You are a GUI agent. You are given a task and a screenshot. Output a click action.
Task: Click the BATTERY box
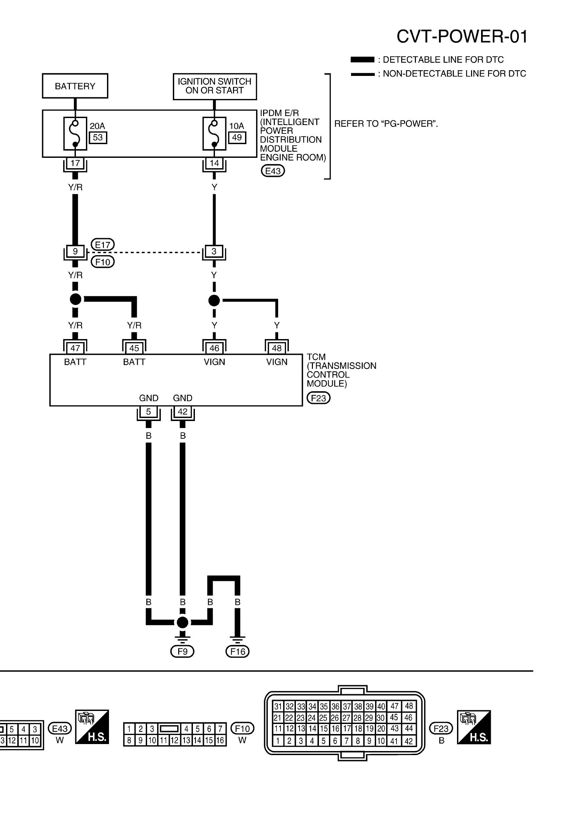75,86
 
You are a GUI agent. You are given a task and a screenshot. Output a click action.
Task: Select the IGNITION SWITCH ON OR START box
215,86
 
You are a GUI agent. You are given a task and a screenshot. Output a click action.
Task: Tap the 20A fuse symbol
75,133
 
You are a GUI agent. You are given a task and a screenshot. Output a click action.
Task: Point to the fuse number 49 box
237,137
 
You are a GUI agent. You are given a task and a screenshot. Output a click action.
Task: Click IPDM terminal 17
75,163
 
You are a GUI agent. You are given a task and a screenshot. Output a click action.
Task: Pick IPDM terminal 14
214,163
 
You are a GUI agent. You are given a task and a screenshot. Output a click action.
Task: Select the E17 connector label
103,245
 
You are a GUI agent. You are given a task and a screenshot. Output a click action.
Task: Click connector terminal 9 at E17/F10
75,251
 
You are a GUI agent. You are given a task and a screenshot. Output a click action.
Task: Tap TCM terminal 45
134,348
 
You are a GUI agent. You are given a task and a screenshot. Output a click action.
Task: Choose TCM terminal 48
277,348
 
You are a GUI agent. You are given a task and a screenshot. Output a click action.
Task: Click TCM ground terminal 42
183,412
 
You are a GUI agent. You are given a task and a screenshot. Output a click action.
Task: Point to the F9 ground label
182,651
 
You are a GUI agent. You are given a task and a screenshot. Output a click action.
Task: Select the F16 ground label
237,651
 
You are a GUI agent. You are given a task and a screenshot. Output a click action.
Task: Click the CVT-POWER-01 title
462,36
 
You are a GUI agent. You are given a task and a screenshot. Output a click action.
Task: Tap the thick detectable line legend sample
362,60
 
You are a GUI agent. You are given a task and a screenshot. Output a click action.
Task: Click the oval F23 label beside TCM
318,398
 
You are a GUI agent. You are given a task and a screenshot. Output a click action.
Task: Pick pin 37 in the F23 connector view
347,707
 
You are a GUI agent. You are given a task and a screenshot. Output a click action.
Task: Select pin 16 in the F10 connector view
220,740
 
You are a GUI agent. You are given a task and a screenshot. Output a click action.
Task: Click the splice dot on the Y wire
214,300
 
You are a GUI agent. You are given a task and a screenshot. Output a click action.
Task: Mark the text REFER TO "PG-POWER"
386,124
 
